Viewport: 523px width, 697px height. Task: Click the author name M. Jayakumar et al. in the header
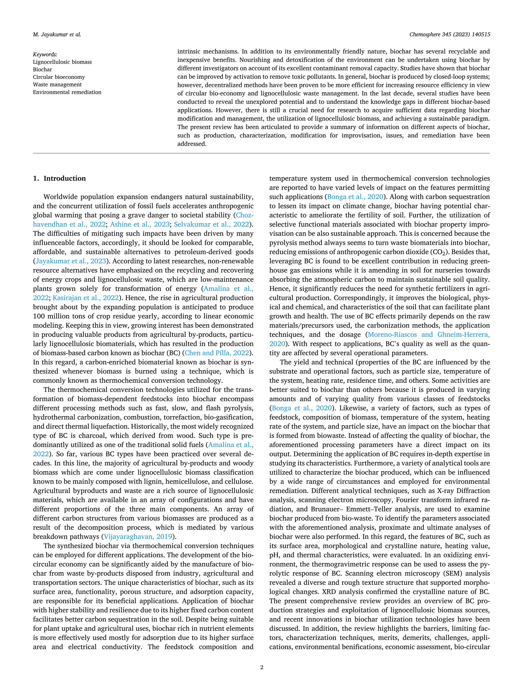[x=57, y=35]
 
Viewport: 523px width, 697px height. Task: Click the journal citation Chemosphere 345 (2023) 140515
[x=449, y=35]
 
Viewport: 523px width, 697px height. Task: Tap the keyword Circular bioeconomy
[x=59, y=77]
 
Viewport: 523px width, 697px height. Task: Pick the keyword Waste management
[x=57, y=85]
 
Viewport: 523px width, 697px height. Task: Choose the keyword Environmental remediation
[x=67, y=92]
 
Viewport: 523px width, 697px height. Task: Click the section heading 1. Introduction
[x=59, y=178]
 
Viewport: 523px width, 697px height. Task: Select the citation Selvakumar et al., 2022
[x=211, y=225]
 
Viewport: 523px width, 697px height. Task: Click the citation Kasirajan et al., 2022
[x=86, y=298]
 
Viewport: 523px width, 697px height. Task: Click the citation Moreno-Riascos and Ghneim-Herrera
[x=429, y=335]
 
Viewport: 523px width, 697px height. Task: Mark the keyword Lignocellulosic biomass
[x=62, y=62]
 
